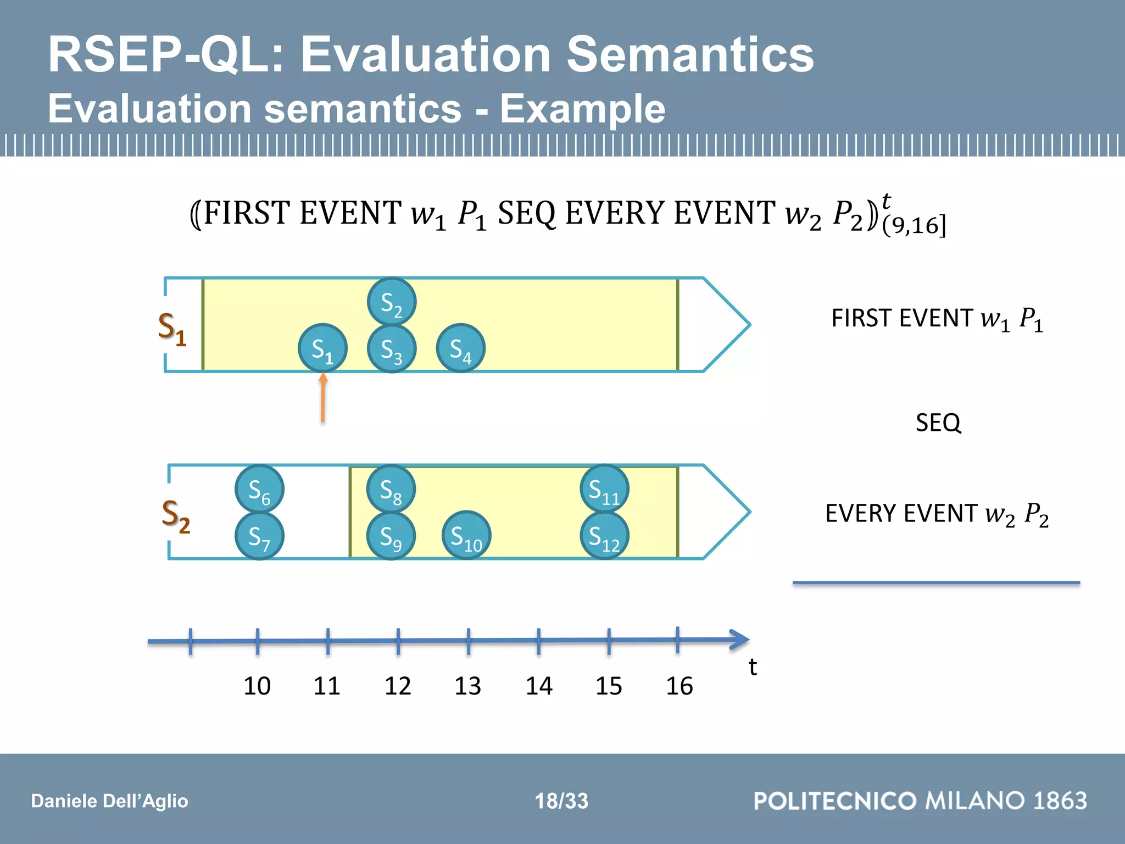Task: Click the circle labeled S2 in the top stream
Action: click(391, 302)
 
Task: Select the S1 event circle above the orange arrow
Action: click(322, 348)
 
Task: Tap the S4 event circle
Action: click(460, 348)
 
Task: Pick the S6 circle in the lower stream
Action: click(259, 489)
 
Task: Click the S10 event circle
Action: click(466, 536)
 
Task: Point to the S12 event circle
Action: click(604, 536)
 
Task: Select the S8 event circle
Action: click(391, 489)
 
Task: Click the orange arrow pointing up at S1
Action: click(323, 398)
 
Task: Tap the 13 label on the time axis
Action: click(467, 686)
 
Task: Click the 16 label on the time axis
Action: click(679, 686)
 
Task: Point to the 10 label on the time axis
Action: click(257, 686)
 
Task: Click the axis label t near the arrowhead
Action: click(753, 667)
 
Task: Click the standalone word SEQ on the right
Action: click(938, 423)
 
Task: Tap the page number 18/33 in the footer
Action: click(561, 801)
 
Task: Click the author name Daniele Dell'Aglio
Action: click(109, 801)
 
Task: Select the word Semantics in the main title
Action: click(690, 54)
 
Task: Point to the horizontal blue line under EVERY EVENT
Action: click(936, 582)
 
